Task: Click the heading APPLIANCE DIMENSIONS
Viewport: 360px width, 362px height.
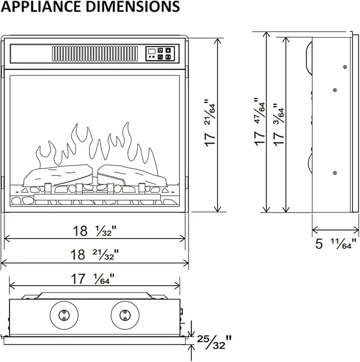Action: pos(90,7)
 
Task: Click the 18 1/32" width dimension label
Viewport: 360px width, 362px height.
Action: pos(95,231)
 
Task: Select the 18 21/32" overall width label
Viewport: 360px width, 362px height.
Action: pos(95,254)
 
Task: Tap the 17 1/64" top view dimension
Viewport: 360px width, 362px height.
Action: pos(93,278)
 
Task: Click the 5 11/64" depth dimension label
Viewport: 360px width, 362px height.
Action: pos(334,244)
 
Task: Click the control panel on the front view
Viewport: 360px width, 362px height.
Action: pos(160,53)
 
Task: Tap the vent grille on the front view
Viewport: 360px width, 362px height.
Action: pos(95,54)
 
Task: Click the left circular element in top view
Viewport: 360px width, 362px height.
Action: pos(64,315)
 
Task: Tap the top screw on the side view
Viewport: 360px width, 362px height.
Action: pos(345,66)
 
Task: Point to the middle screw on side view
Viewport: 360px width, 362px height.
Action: pos(335,90)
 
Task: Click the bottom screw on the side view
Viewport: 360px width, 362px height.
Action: pos(335,173)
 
